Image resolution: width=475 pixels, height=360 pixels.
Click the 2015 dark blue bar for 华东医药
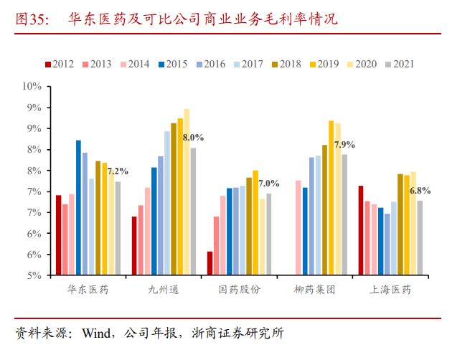coord(79,208)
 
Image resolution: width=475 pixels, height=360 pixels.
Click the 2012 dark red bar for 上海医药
coord(360,230)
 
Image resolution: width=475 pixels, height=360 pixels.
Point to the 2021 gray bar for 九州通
coord(194,212)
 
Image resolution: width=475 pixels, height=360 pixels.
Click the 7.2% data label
coord(118,171)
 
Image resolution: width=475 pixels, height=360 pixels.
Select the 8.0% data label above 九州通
coord(193,137)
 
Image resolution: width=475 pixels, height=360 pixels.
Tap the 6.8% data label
coord(420,190)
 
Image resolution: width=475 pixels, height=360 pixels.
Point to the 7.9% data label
coord(344,144)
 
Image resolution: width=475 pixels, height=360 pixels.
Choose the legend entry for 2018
coord(287,64)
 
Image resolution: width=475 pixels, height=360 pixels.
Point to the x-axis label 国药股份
coord(240,290)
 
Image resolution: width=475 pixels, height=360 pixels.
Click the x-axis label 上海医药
coord(390,290)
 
